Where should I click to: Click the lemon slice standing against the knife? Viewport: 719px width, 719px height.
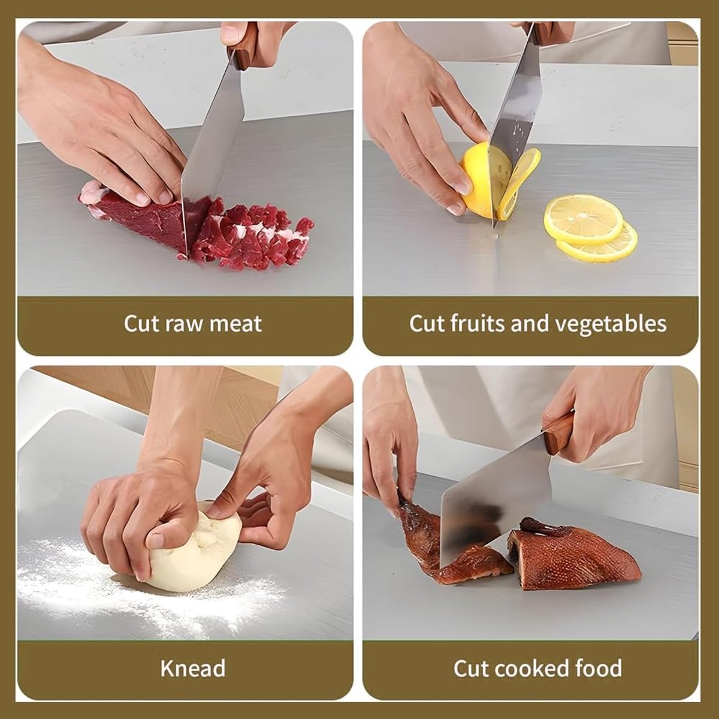pyautogui.click(x=521, y=185)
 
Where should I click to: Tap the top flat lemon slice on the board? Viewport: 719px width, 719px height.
pyautogui.click(x=583, y=219)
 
